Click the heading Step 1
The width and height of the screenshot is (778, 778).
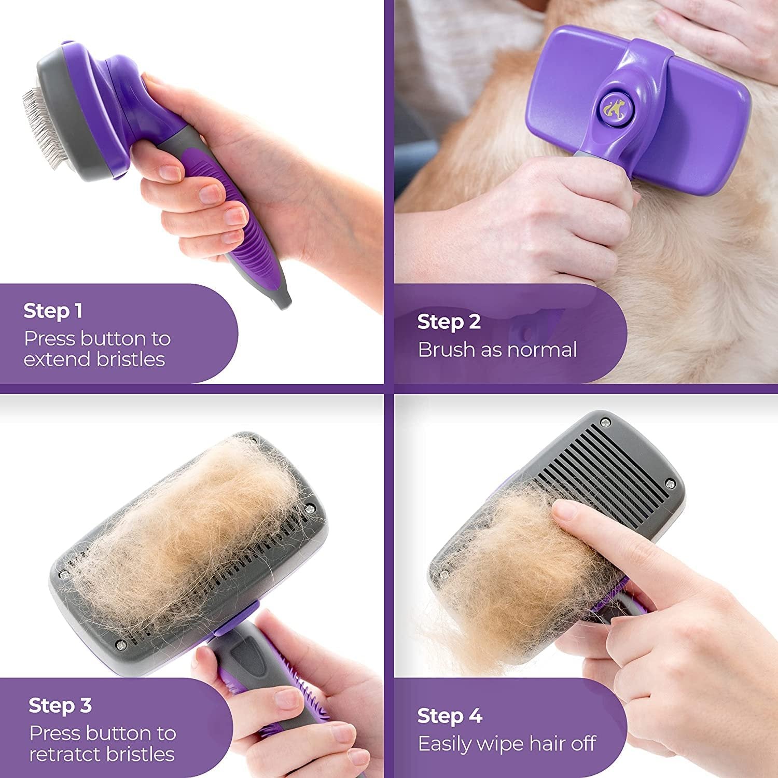[52, 311]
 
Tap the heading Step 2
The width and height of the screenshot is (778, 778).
[449, 322]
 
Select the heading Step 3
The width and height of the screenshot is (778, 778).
[60, 705]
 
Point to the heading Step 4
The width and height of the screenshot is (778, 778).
[450, 716]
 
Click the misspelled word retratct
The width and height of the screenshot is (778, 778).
[64, 754]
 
